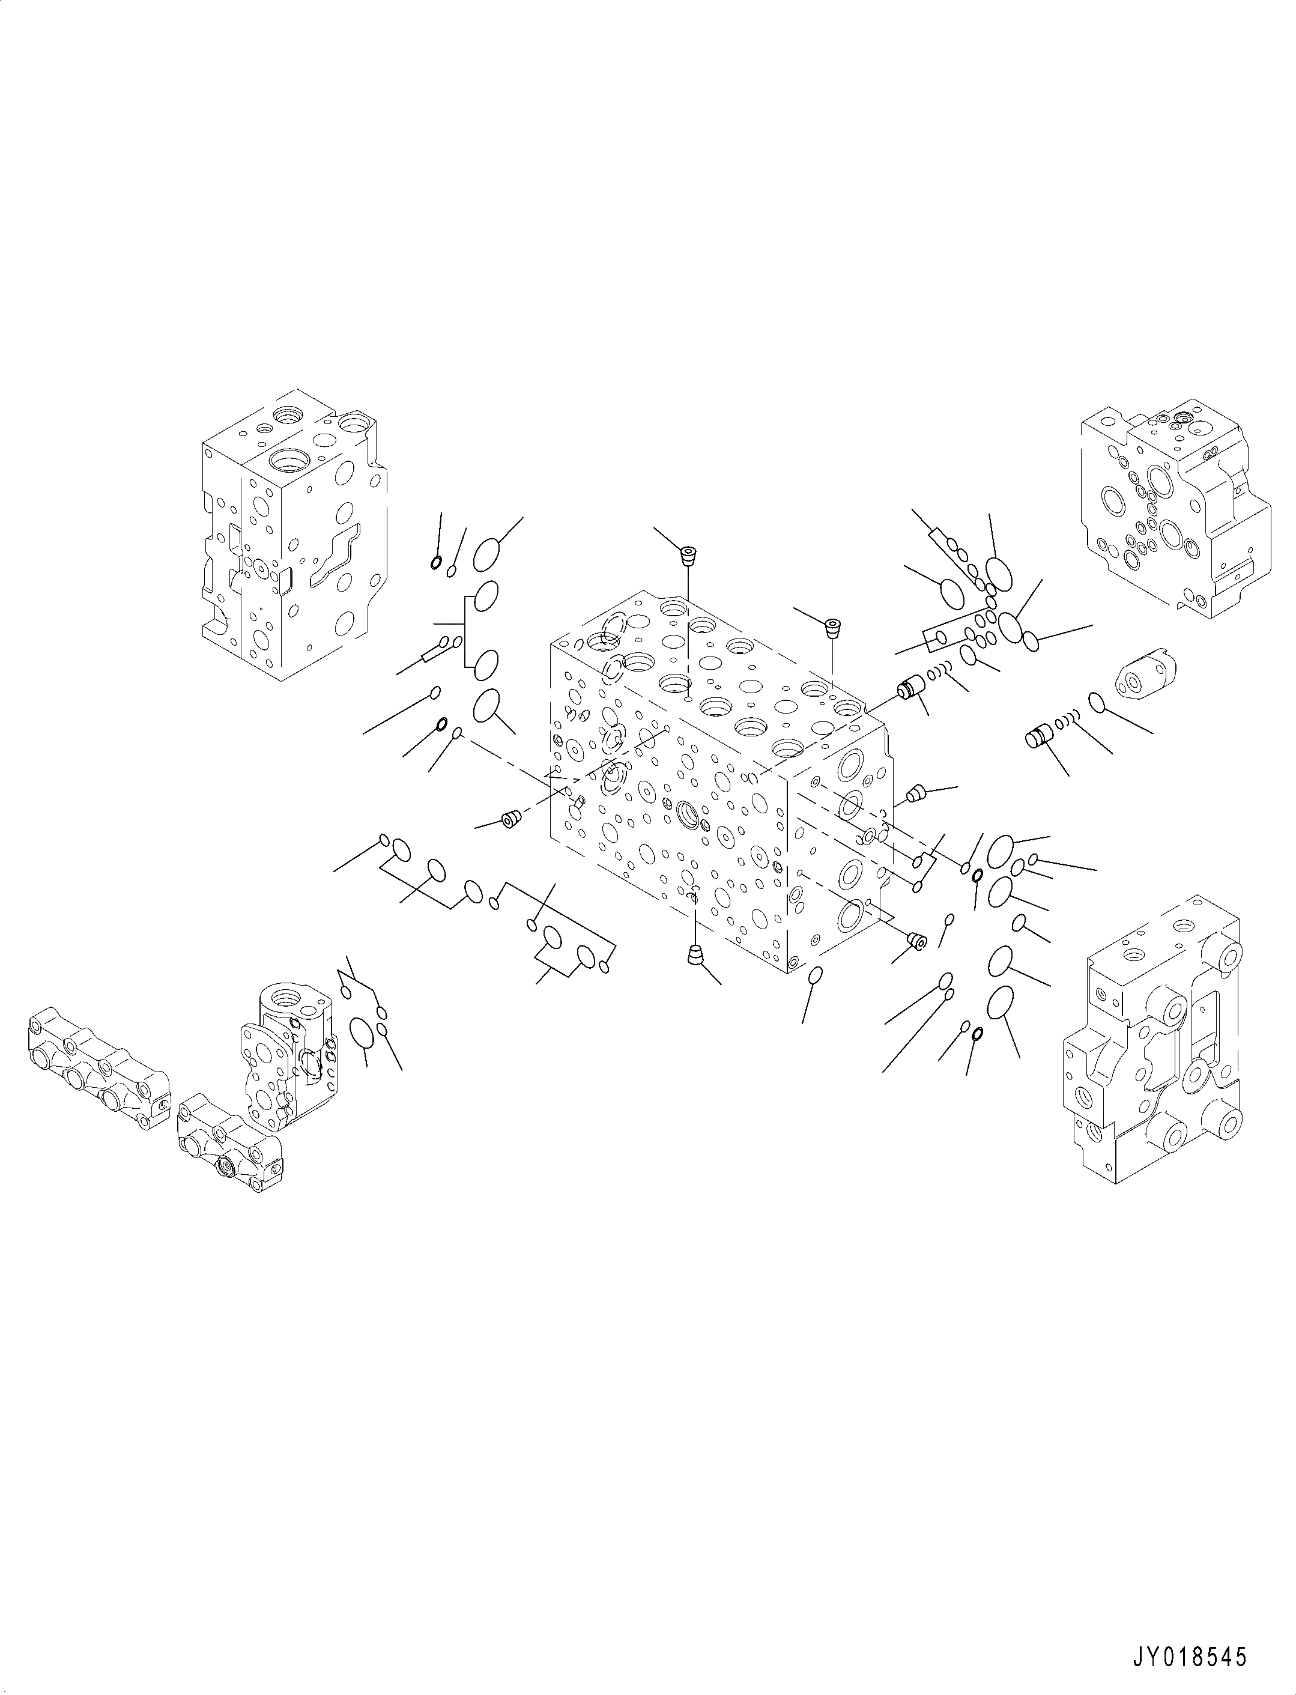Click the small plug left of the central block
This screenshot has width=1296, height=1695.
click(510, 819)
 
